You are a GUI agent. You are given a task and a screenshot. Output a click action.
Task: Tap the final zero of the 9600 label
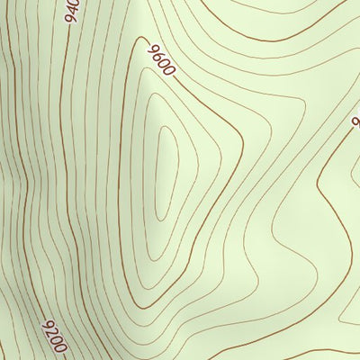click(x=168, y=71)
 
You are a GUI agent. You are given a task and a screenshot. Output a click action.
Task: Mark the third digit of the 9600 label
click(x=165, y=63)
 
